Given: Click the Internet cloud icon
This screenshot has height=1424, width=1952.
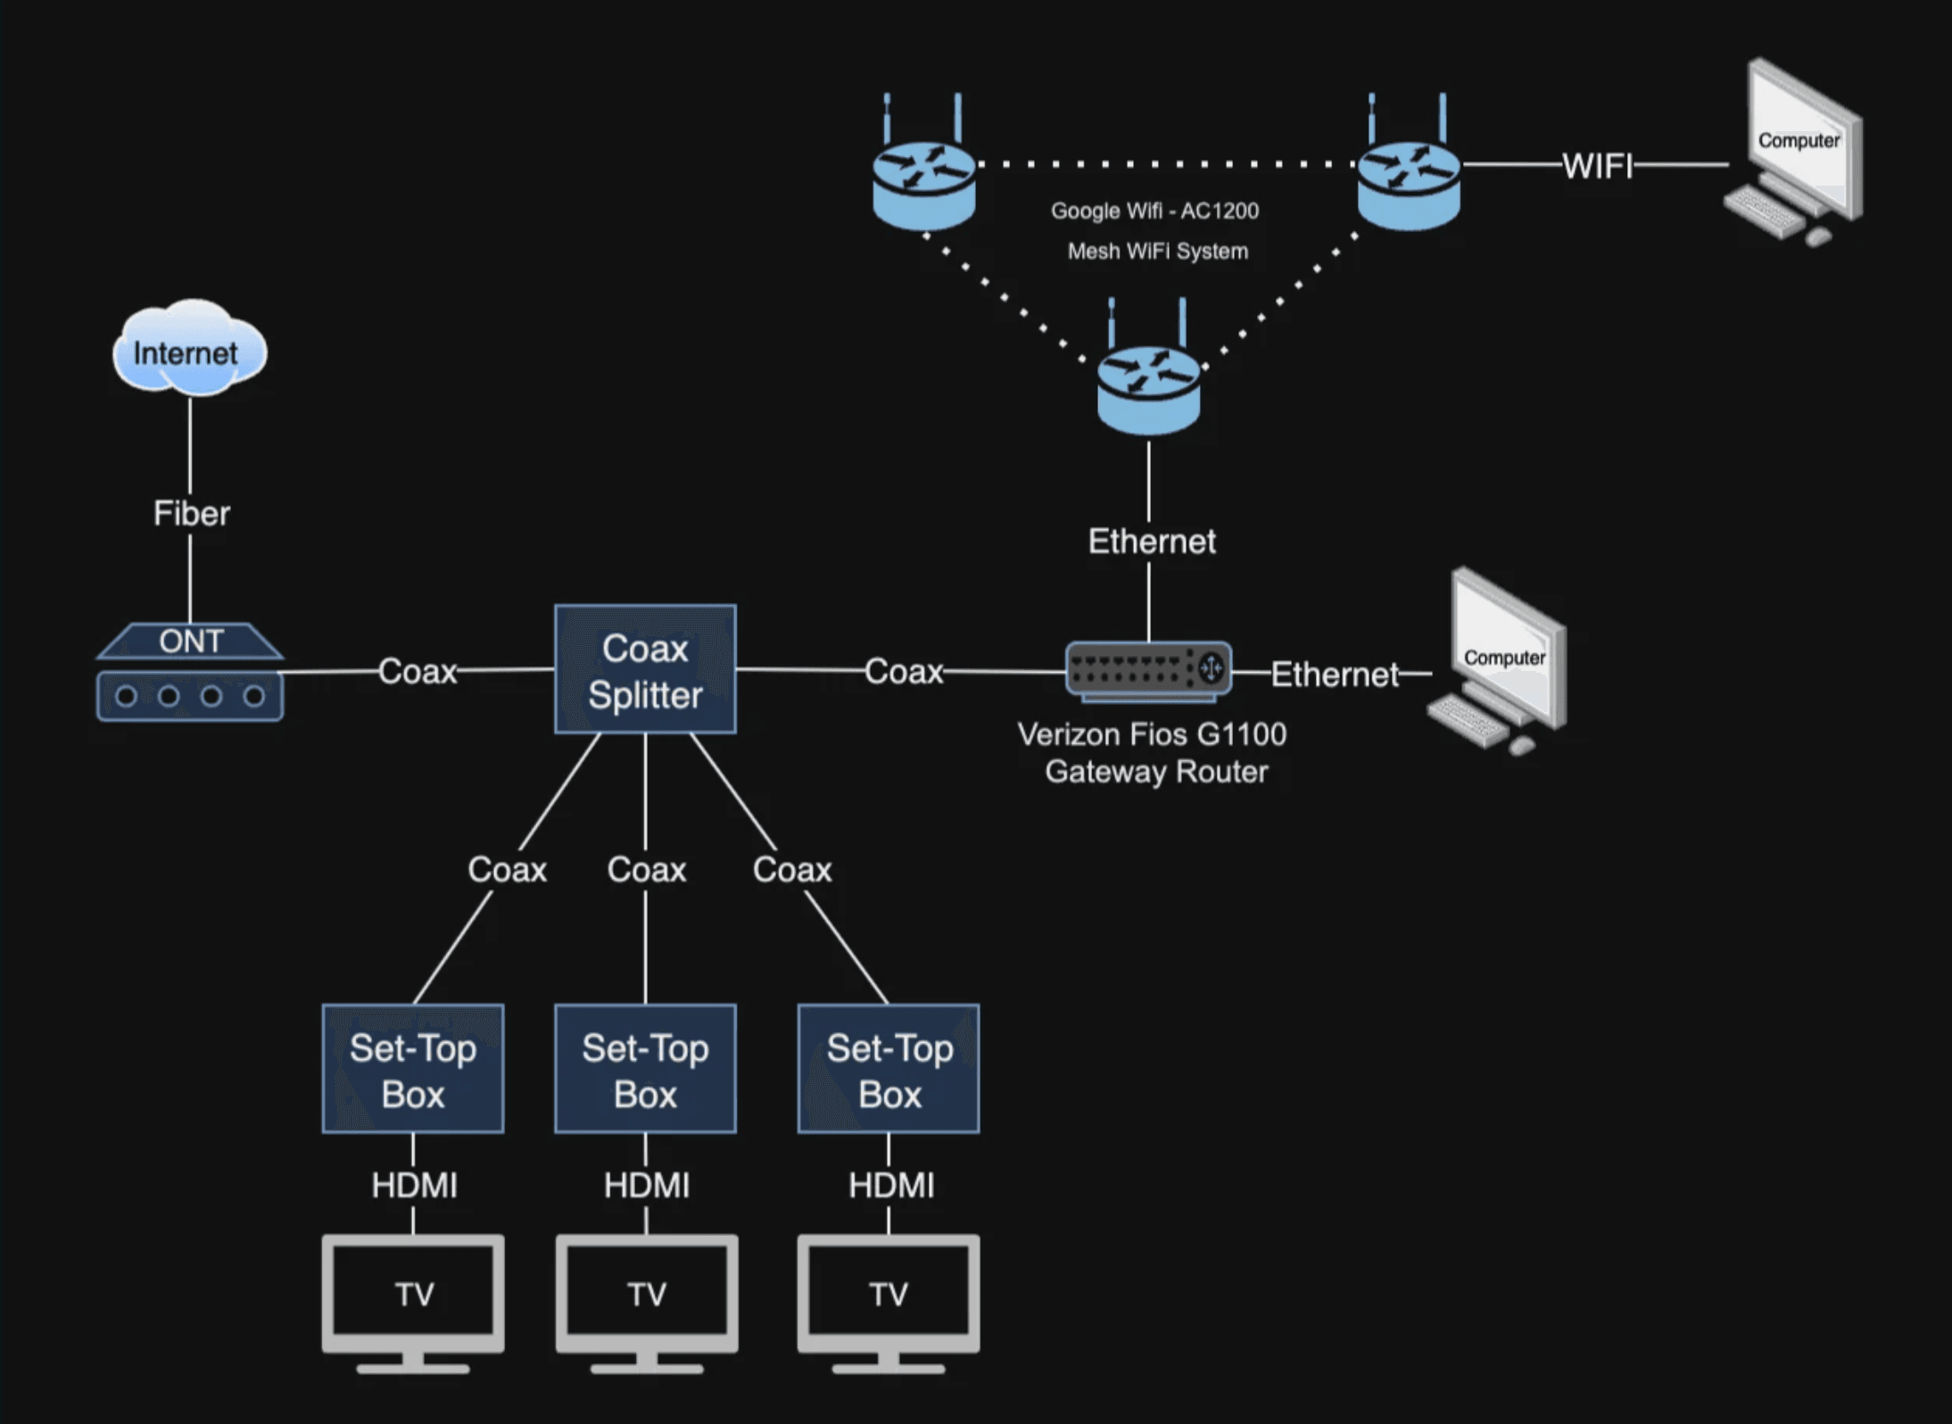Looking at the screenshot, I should tap(189, 350).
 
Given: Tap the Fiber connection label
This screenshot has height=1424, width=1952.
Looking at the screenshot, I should tap(191, 513).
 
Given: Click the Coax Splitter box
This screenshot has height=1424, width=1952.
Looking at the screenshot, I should tap(645, 670).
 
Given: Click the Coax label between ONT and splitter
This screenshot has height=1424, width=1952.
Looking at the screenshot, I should tap(417, 671).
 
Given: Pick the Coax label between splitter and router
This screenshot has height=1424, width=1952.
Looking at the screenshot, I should tap(903, 671).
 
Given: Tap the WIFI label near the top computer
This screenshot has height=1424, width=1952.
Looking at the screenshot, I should tap(1597, 166).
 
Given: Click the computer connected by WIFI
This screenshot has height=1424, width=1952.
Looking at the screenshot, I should tap(1793, 152).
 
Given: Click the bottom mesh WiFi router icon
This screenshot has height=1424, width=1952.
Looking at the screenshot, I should tap(1148, 384).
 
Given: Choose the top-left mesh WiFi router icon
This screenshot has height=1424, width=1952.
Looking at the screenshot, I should tap(923, 178).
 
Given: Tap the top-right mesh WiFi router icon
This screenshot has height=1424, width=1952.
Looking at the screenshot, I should tap(1409, 178).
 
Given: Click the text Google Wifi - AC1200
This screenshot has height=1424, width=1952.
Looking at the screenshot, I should tap(1154, 211).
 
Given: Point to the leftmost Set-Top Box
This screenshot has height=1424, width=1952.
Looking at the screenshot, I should tap(413, 1069).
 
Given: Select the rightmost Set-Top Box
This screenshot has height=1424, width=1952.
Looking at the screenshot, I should tap(889, 1069).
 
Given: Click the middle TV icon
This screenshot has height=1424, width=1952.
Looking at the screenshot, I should tap(646, 1298).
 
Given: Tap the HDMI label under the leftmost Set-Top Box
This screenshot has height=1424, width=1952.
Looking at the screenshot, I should tap(414, 1186).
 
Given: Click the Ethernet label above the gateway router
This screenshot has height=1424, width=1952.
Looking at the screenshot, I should tap(1151, 542).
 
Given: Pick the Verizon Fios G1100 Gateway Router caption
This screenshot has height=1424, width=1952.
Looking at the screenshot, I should tap(1154, 752).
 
